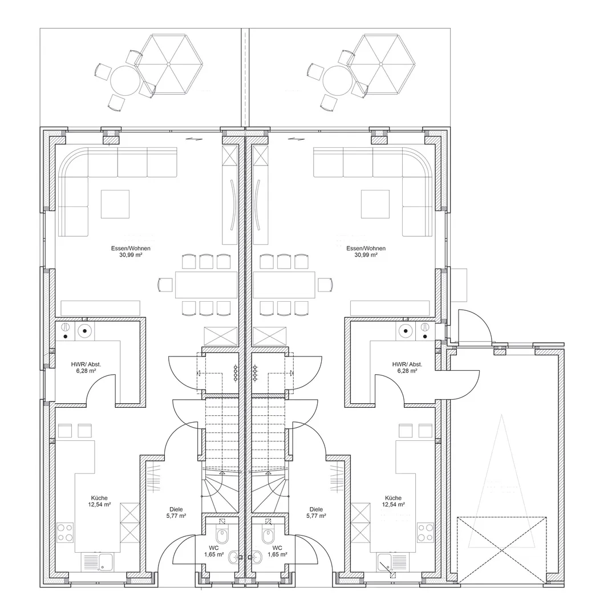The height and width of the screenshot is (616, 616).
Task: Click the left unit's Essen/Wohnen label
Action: coord(131,252)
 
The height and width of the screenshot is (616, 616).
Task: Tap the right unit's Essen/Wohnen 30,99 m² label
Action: coord(366,252)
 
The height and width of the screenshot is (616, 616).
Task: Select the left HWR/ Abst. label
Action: coord(86,367)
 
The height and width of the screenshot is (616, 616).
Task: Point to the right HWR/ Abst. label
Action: coord(407,367)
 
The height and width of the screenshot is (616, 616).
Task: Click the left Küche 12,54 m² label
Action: coord(99,501)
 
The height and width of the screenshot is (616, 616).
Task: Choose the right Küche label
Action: coord(393,498)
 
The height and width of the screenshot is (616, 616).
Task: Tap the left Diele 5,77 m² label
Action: coord(176,512)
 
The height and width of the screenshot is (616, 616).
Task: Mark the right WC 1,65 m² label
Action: coord(277,551)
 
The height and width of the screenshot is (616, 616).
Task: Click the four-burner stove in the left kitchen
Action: coord(65,532)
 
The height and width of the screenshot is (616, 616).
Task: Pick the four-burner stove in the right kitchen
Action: coord(425,532)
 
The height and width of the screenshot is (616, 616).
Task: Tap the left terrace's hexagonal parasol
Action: coord(168,64)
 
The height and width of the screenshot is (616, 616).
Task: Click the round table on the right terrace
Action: coord(337,80)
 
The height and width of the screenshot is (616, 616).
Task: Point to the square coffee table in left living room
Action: coord(115,204)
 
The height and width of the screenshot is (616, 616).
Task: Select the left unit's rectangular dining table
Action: coord(206,285)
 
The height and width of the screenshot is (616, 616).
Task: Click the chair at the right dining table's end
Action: coord(325,285)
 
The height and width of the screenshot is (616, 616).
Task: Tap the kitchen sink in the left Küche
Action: coord(98,562)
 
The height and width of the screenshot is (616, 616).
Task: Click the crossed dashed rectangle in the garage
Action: coord(501,550)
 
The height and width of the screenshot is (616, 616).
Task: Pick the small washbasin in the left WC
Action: coord(234,556)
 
